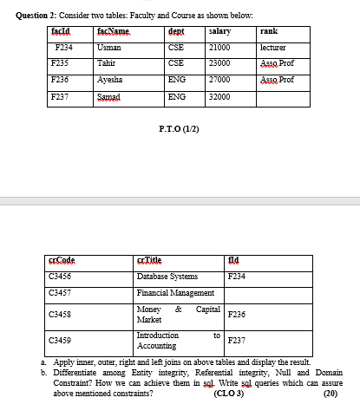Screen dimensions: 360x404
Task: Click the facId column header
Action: (x=62, y=31)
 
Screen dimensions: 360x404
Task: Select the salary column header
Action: (x=220, y=31)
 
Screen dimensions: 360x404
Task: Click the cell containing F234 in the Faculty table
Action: (x=62, y=47)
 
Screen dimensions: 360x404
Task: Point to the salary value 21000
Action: (x=220, y=47)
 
